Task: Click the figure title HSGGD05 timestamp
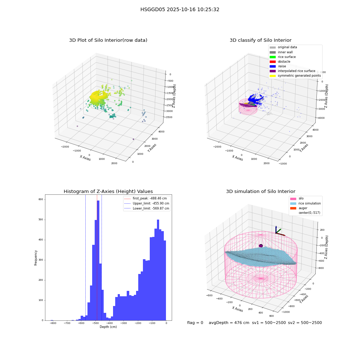click(180, 10)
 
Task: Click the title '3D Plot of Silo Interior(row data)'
click(108, 40)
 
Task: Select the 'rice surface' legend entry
click(282, 57)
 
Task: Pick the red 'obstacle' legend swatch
click(273, 62)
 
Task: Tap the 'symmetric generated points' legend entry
click(295, 76)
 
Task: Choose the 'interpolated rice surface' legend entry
click(292, 71)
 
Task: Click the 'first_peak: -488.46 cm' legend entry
click(145, 198)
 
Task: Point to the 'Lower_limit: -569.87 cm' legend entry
click(147, 208)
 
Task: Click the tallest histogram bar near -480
click(98, 260)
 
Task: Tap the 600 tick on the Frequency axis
click(41, 199)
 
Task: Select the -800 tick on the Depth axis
click(53, 323)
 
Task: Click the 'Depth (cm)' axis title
click(108, 327)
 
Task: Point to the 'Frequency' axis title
click(36, 258)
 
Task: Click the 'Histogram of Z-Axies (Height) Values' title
click(108, 192)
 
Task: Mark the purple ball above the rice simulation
click(261, 246)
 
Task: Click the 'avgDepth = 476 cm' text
click(229, 323)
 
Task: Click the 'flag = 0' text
click(195, 323)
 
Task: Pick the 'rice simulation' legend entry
click(305, 203)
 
